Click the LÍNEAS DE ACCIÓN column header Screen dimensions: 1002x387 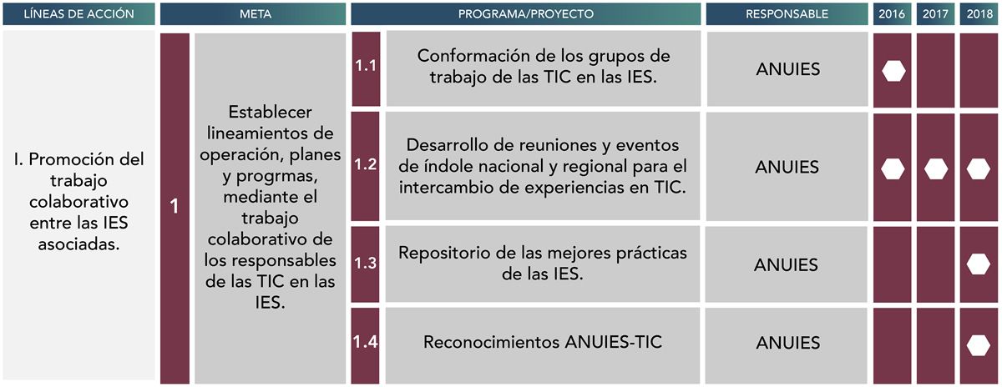tap(78, 14)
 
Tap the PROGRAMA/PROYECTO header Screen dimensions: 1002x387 tap(525, 14)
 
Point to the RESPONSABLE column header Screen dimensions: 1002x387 tap(787, 14)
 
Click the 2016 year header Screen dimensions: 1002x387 tap(892, 14)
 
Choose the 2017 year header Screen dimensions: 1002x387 tap(935, 14)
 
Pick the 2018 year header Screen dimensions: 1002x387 tap(979, 14)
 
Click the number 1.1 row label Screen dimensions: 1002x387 tap(366, 66)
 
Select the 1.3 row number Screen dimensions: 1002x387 tap(366, 263)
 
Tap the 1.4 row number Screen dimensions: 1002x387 tap(365, 342)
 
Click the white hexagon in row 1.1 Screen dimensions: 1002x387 tap(893, 71)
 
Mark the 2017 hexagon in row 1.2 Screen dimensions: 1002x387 tap(936, 169)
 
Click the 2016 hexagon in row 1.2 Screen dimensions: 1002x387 tap(893, 169)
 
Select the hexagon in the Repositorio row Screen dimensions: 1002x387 tap(979, 264)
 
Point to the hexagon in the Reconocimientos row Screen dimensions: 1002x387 tap(979, 346)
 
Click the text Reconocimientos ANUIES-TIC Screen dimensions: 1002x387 tap(543, 342)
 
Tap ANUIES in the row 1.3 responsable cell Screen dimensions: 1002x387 tap(786, 265)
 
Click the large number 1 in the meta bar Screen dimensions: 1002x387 tap(175, 207)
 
